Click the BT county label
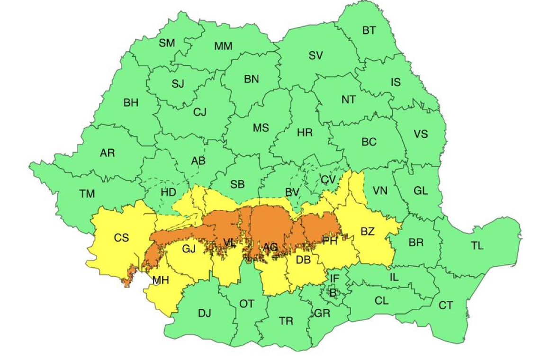coord(369,31)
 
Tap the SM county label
coord(167,43)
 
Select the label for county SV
coord(316,56)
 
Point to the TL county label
coord(477,245)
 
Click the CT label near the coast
coord(445,306)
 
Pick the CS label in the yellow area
coord(121,238)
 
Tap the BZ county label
coord(368,232)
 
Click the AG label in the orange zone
coord(270,247)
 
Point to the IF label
coord(335,278)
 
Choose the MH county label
coord(161,280)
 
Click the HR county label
coord(305,133)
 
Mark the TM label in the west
coord(87,194)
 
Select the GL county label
coord(420,191)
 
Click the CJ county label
coord(200,113)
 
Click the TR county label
coord(286,321)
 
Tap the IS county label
coord(396,82)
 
